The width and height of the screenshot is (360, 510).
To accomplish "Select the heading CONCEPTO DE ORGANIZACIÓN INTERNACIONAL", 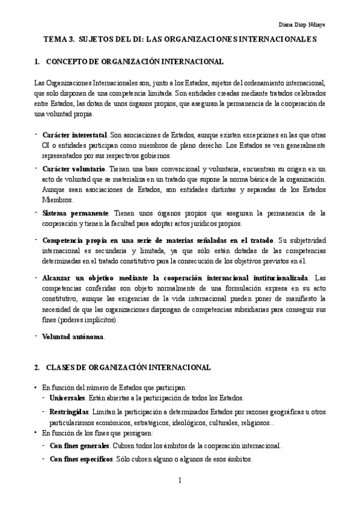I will click(135, 62).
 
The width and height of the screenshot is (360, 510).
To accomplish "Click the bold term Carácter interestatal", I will click(75, 135).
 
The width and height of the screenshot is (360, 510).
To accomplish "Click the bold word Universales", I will click(67, 398).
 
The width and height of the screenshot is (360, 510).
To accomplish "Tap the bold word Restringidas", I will click(69, 412).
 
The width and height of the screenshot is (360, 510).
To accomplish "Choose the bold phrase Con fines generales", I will click(79, 446).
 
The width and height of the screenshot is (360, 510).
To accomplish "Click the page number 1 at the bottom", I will click(180, 480).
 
